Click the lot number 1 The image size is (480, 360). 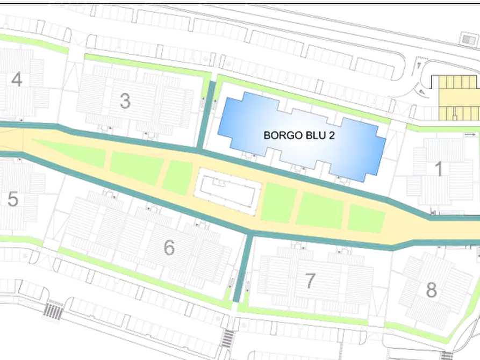click(439, 169)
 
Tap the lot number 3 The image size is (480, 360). click(125, 100)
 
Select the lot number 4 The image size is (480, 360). click(17, 80)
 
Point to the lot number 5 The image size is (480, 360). click(14, 199)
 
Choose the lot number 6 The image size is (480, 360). click(169, 248)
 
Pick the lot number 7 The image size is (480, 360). click(310, 280)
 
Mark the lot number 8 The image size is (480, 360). click(431, 290)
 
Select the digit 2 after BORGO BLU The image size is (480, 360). click(332, 135)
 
